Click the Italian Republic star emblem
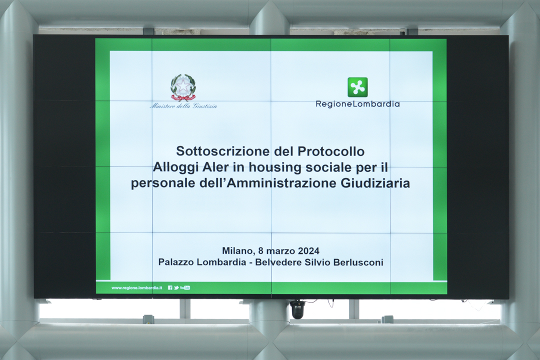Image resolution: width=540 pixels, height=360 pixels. click(x=183, y=87)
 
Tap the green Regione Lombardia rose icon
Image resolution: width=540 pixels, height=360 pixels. click(x=357, y=87)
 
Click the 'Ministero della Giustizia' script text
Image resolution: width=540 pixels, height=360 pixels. click(x=183, y=106)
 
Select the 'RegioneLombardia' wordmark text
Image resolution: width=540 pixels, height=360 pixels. click(x=358, y=104)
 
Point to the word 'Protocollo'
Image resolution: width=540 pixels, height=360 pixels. click(x=331, y=151)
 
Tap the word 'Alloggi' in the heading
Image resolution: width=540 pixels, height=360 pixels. click(x=175, y=167)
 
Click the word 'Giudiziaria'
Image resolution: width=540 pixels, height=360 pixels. click(x=375, y=183)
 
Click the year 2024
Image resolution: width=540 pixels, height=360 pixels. click(x=308, y=251)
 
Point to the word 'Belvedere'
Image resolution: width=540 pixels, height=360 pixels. click(x=278, y=262)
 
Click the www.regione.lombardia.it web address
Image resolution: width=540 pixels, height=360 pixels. click(x=136, y=287)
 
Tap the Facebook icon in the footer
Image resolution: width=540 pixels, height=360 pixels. click(x=170, y=287)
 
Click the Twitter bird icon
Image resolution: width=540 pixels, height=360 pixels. click(x=176, y=287)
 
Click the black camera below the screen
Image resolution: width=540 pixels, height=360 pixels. click(x=297, y=309)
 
